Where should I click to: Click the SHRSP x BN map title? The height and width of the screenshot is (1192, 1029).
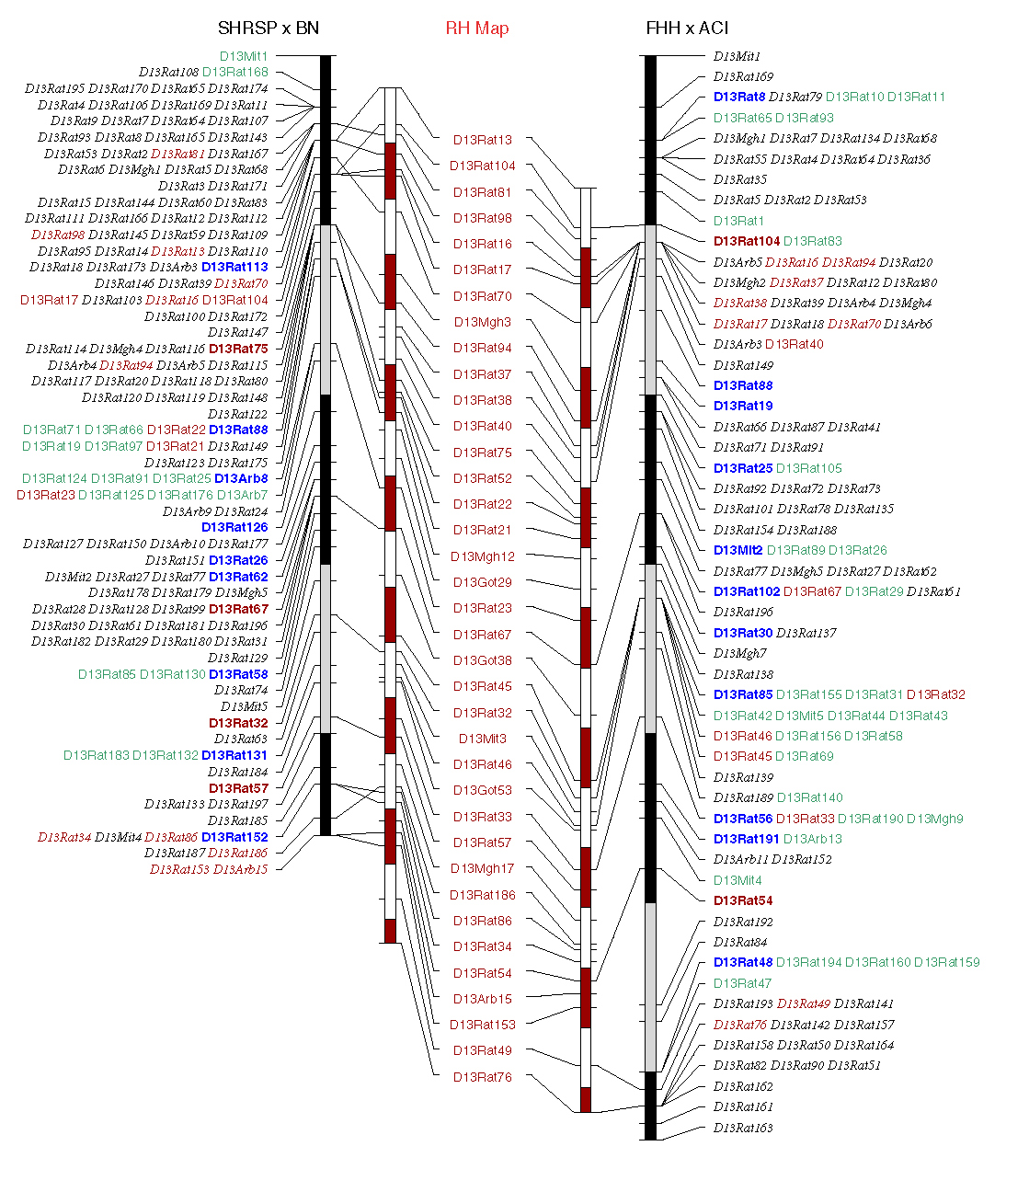[x=269, y=29]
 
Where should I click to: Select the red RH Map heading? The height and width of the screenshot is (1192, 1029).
[x=476, y=29]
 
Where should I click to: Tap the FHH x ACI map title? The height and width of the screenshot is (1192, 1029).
[x=687, y=29]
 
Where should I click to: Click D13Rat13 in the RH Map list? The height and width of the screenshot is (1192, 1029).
[x=482, y=140]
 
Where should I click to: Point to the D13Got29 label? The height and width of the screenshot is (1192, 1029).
[x=482, y=582]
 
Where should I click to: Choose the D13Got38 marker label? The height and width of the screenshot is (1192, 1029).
[x=482, y=660]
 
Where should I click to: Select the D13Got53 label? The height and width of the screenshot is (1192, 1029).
[x=482, y=790]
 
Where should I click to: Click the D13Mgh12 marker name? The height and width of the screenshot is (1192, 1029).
[x=482, y=556]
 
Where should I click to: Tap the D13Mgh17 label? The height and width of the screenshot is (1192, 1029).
[x=482, y=868]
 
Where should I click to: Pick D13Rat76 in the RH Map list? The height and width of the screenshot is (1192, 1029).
[x=482, y=1077]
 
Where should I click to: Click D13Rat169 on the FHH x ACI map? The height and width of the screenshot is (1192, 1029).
[x=743, y=76]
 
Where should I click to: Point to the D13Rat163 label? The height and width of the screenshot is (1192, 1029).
[x=743, y=1128]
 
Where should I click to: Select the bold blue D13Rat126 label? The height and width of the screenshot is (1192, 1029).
[x=234, y=527]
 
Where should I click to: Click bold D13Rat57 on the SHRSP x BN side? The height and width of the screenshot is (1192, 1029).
[x=238, y=788]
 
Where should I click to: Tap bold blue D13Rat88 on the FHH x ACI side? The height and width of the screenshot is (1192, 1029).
[x=743, y=385]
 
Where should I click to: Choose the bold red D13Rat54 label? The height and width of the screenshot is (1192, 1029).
[x=743, y=900]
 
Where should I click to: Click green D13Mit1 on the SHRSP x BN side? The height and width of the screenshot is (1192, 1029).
[x=244, y=56]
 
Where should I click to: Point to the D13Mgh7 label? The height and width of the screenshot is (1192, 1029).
[x=739, y=653]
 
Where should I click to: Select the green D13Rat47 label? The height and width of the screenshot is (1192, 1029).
[x=742, y=983]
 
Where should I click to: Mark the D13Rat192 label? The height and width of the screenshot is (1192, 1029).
[x=743, y=922]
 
